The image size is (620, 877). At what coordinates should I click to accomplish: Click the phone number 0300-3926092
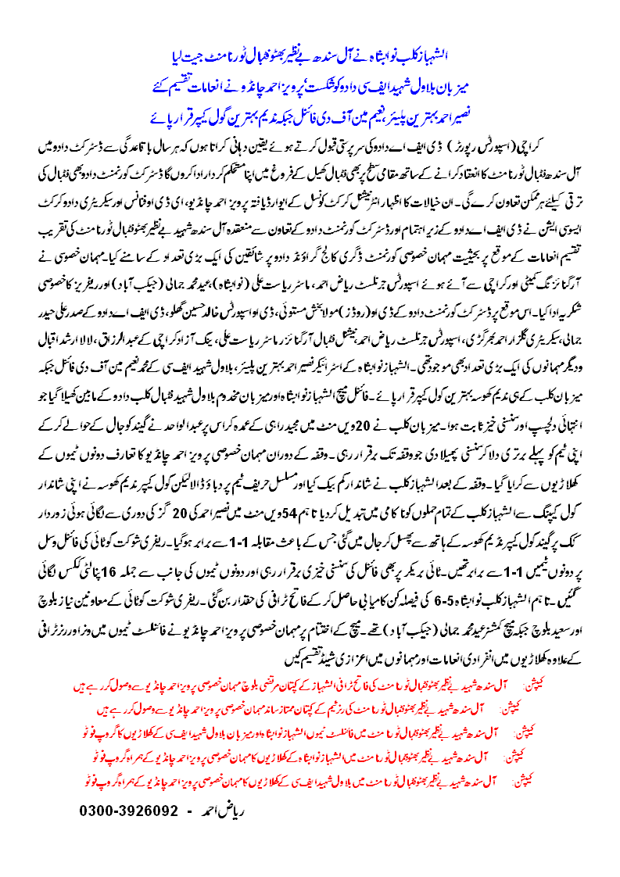point(129,811)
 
